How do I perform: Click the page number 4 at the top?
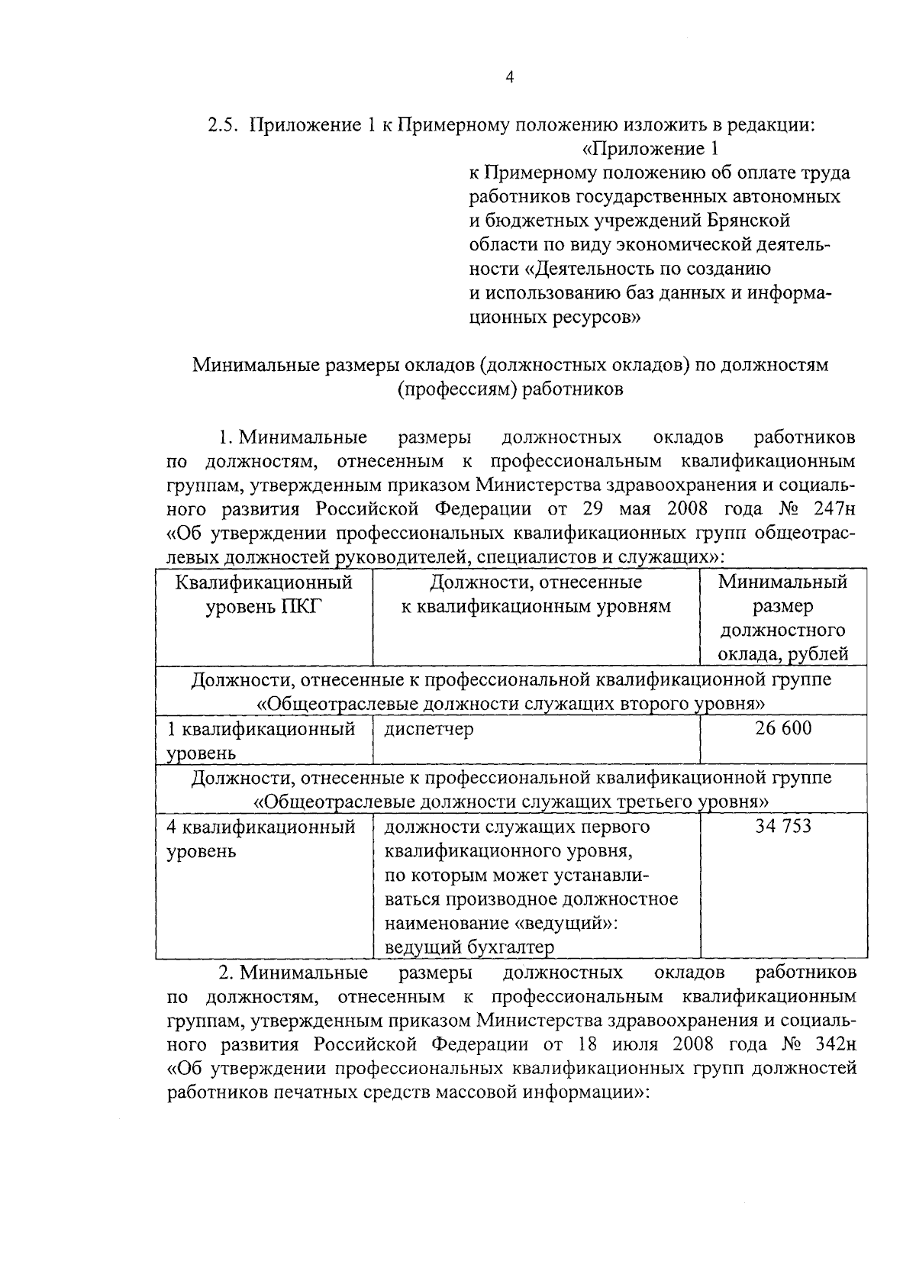(x=510, y=76)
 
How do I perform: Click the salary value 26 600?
(x=783, y=728)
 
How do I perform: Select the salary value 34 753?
(x=783, y=827)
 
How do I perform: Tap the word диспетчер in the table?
(x=429, y=729)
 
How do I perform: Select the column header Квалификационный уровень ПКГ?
(x=264, y=595)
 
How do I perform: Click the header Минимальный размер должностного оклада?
(x=783, y=618)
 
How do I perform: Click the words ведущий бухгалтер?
(x=469, y=947)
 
